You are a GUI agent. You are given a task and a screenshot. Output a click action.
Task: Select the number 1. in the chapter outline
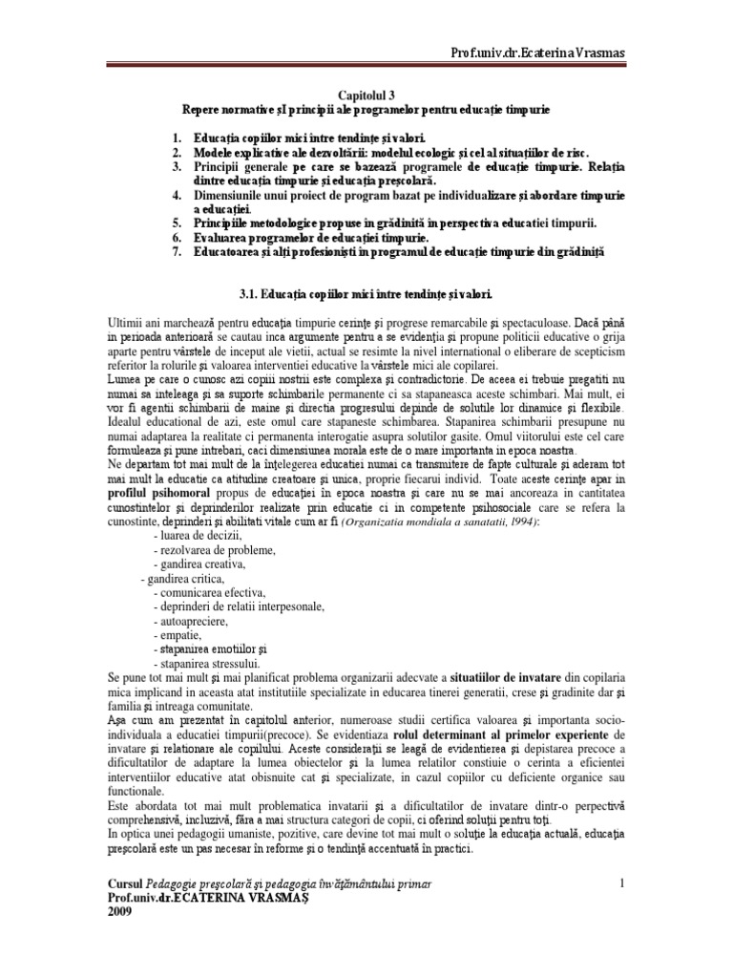[177, 139]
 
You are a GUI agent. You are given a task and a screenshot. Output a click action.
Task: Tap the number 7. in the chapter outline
[177, 252]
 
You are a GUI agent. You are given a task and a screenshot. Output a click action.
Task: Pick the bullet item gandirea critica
[185, 579]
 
